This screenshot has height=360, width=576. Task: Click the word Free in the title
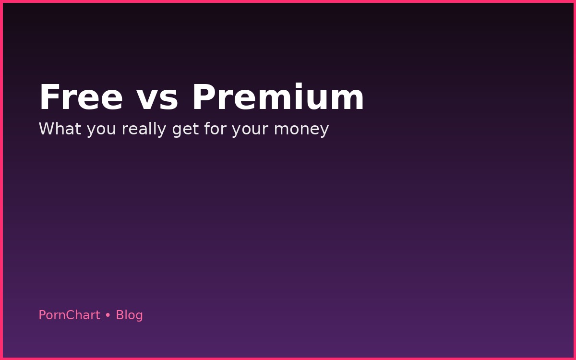click(81, 98)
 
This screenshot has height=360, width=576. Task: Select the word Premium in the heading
click(278, 98)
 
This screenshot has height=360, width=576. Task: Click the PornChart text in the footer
click(69, 315)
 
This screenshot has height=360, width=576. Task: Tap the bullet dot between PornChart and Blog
click(108, 315)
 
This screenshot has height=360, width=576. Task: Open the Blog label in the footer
click(129, 315)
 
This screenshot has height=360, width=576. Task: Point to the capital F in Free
click(48, 98)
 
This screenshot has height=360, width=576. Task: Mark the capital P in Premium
click(204, 98)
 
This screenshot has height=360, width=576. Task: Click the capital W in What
click(46, 129)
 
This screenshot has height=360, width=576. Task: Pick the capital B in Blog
click(120, 315)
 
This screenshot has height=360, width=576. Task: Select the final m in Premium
click(351, 101)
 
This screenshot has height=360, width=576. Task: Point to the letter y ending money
click(325, 131)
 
